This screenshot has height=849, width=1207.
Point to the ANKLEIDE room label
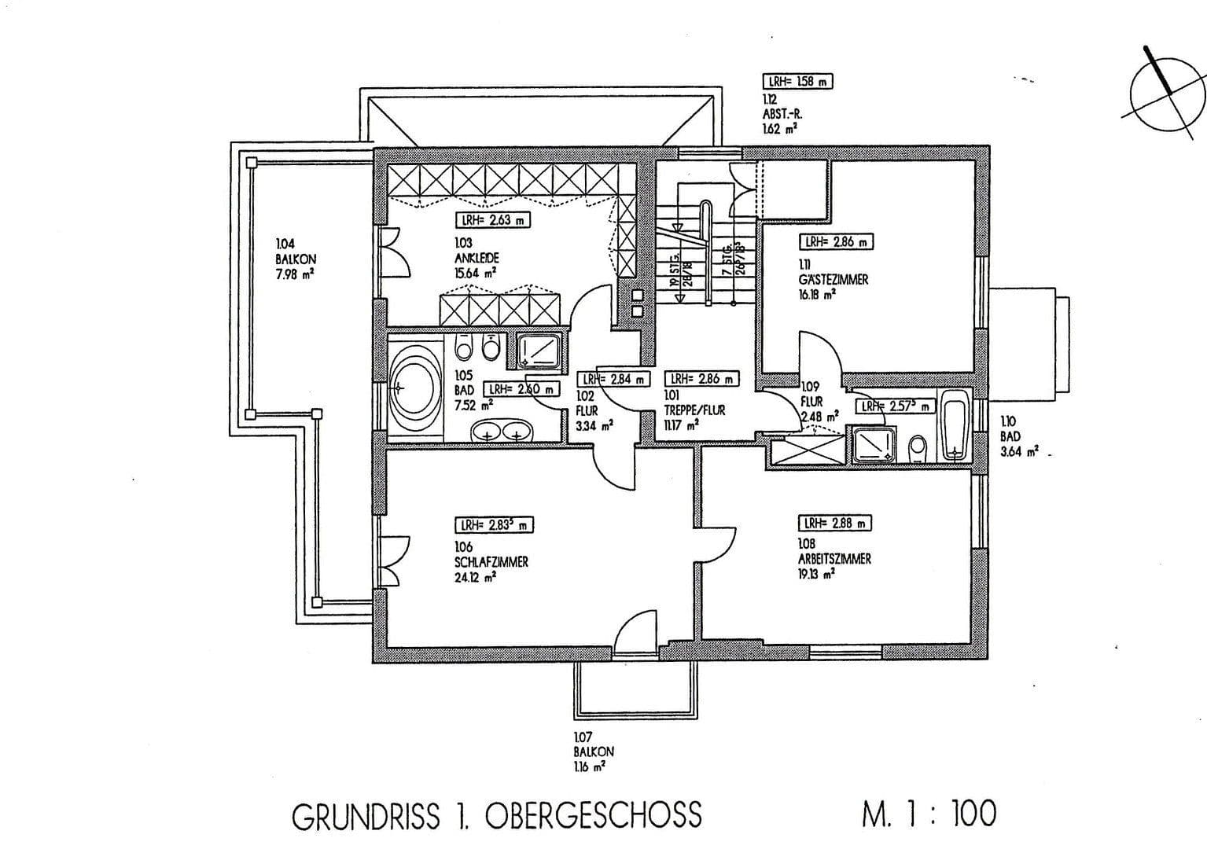[x=477, y=258]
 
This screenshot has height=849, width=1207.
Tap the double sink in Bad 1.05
[x=501, y=432]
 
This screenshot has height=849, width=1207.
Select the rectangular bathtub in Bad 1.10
[x=954, y=424]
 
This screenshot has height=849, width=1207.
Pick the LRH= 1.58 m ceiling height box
[x=797, y=81]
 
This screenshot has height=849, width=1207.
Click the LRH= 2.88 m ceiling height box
[x=835, y=523]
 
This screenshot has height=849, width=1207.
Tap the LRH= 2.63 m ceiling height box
[x=493, y=220]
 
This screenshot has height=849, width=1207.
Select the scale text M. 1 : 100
[x=929, y=814]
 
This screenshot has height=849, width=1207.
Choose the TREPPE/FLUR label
[x=695, y=410]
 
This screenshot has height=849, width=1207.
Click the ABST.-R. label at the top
[x=782, y=113]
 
